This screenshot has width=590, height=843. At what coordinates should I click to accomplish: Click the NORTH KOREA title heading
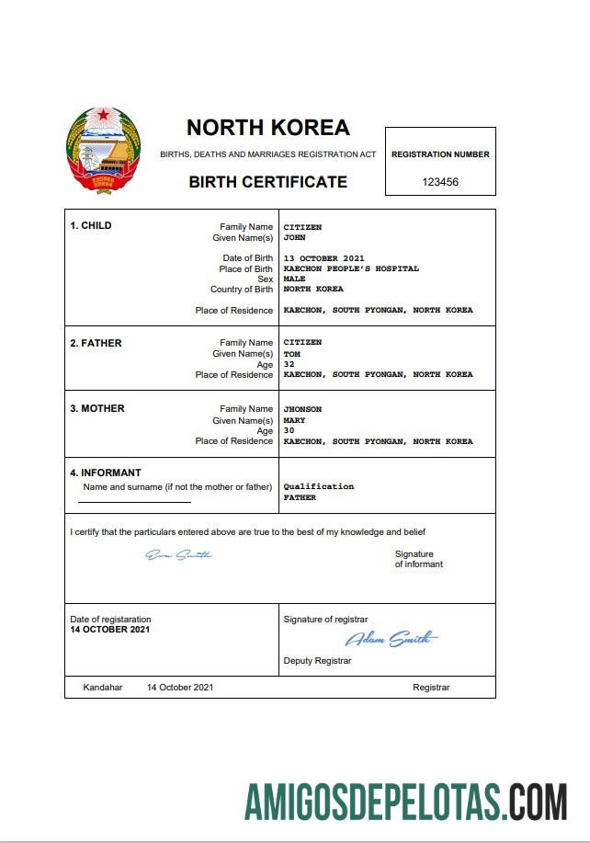267,128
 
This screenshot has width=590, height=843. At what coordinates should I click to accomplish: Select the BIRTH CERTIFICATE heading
267,182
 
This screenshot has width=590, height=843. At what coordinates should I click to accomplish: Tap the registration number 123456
440,182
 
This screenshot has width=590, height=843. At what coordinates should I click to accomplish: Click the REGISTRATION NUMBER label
440,154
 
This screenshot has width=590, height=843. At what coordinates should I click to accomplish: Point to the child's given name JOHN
294,238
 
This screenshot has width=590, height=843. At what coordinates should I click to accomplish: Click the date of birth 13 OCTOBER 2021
324,258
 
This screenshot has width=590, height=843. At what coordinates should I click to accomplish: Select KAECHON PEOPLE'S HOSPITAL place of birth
350,269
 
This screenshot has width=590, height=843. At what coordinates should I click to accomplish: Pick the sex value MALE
294,279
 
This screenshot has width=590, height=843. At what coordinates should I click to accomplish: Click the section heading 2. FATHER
96,343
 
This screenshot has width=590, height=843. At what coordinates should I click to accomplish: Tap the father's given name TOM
291,354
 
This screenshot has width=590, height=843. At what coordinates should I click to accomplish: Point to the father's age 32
289,364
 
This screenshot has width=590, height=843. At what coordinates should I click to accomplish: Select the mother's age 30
289,431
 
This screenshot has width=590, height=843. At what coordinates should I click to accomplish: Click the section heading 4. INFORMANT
106,473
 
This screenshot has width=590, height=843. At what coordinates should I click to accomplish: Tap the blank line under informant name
134,502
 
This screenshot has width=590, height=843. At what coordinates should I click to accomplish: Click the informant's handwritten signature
178,554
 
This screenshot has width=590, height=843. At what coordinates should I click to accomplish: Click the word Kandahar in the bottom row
102,688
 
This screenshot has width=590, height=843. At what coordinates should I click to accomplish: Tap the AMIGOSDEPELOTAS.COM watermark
405,803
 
